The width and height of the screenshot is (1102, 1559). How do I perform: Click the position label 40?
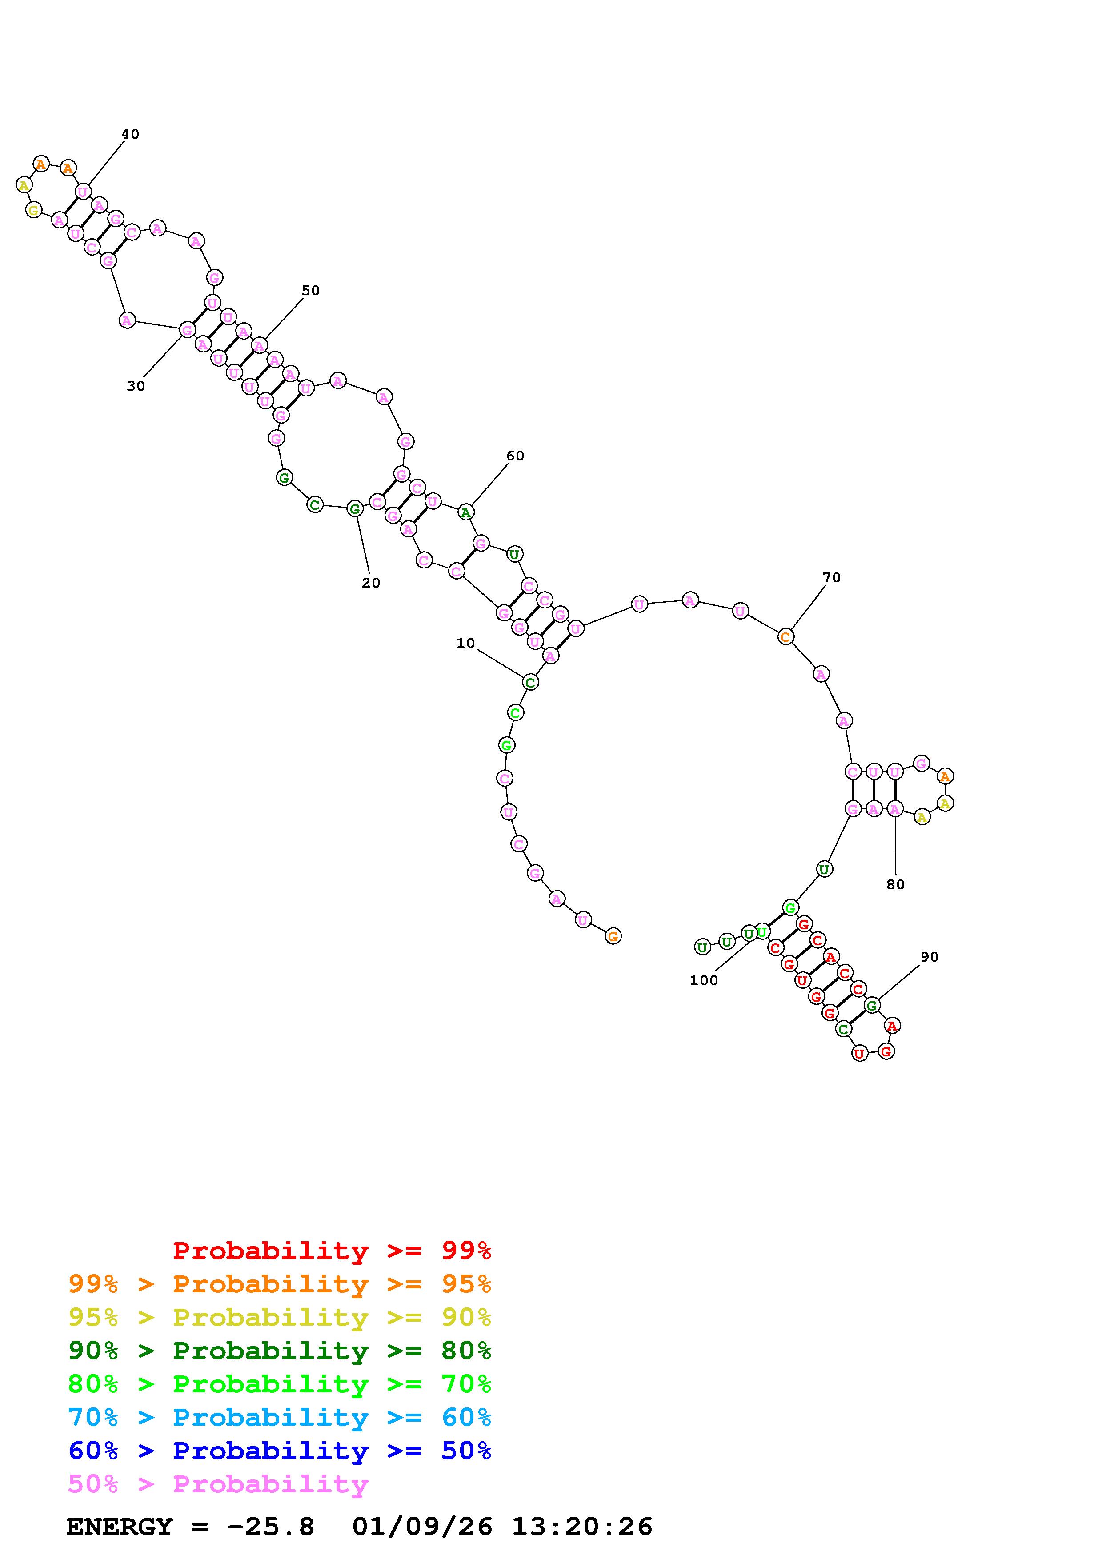click(130, 135)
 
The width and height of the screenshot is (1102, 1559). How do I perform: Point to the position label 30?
click(136, 386)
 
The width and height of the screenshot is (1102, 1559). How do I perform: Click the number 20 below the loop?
click(371, 583)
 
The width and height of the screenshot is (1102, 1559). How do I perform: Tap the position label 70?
click(832, 578)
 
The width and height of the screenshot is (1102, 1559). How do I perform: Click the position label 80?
click(896, 885)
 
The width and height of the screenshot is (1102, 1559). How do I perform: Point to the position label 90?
click(930, 957)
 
